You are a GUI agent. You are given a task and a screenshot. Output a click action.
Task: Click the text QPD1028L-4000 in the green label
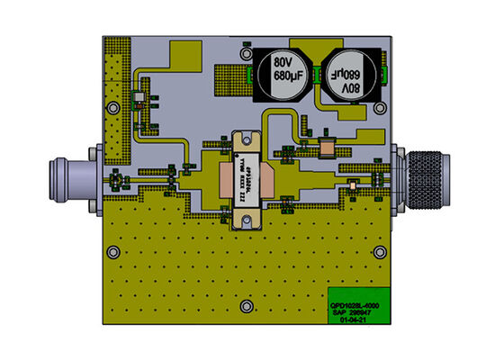click(x=356, y=304)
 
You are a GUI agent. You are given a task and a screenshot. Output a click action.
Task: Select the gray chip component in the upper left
click(x=139, y=97)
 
